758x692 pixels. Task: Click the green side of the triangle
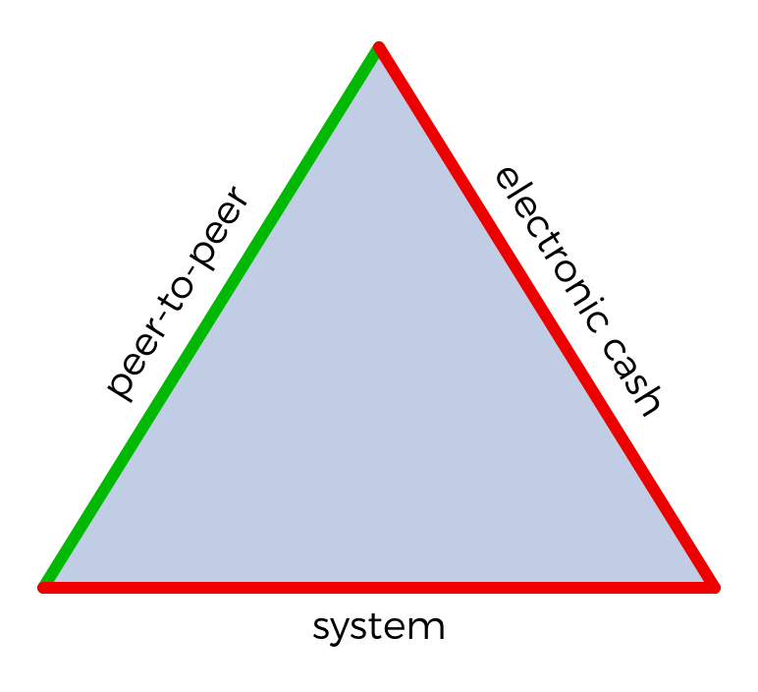[x=211, y=317]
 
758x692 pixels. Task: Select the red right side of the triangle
[x=546, y=317]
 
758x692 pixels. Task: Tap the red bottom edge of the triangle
[x=379, y=587]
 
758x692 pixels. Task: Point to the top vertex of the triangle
[x=379, y=47]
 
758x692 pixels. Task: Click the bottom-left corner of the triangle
[x=44, y=587]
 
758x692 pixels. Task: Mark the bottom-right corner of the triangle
[x=714, y=587]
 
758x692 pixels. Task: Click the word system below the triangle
[x=379, y=626]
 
